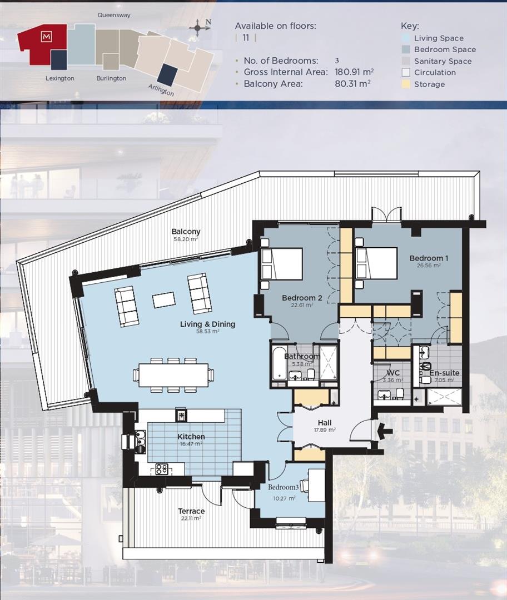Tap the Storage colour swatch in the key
(406, 84)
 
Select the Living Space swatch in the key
(406, 38)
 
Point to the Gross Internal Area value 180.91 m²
(354, 72)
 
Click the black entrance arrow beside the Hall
(385, 430)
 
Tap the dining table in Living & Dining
(173, 375)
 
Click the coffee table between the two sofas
(163, 300)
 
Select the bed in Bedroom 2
(282, 264)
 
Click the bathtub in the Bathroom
(278, 363)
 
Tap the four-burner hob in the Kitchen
(162, 469)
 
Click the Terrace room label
(191, 511)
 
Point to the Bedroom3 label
(284, 487)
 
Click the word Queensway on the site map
(113, 16)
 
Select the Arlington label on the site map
(161, 90)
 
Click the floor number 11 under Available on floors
(245, 38)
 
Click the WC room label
(394, 373)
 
